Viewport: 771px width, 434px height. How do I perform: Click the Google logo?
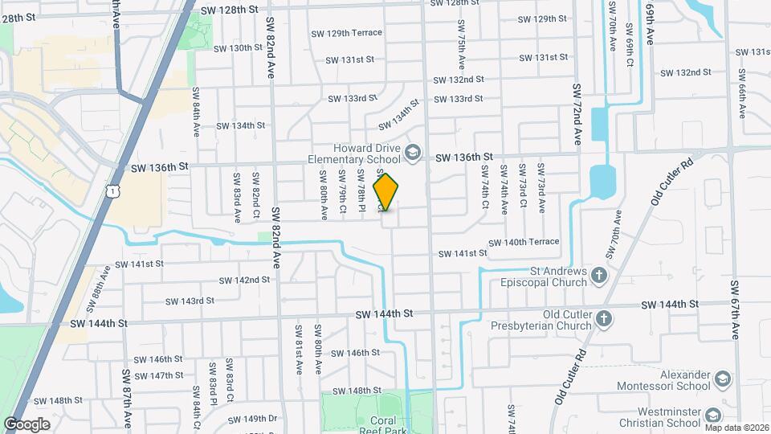(x=27, y=424)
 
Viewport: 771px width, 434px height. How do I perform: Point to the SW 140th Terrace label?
(x=526, y=241)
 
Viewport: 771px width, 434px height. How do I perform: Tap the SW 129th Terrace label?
(x=347, y=33)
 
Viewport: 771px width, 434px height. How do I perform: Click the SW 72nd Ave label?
(x=577, y=113)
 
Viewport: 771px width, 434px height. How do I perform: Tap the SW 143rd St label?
(x=190, y=301)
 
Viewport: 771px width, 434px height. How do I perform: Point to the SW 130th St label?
(x=235, y=47)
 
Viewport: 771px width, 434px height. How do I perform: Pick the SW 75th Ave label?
(x=462, y=50)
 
